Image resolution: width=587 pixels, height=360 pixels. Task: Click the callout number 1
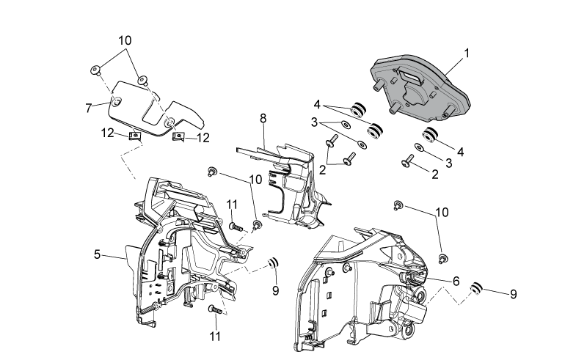(467, 54)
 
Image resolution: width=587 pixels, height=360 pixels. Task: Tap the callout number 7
(88, 109)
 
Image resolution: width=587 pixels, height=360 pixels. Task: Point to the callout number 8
(263, 118)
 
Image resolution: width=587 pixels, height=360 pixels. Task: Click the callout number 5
(98, 255)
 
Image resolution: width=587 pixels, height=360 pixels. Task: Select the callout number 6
(456, 281)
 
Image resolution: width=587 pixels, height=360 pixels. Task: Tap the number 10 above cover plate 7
(125, 40)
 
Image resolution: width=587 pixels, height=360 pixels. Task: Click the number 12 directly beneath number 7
(107, 133)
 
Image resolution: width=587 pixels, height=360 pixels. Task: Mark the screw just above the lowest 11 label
(215, 310)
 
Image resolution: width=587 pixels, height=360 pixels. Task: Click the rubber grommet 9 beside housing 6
(476, 289)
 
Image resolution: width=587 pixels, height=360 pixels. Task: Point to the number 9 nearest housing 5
(276, 290)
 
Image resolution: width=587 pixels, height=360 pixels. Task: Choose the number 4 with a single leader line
(461, 153)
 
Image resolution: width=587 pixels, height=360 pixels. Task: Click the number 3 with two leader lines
(314, 122)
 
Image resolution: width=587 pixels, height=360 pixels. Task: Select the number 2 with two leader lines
(323, 170)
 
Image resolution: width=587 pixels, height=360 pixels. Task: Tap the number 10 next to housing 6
(442, 213)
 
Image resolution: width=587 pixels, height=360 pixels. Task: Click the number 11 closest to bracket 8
(232, 205)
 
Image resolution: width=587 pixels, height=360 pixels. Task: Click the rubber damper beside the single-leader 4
(431, 135)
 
